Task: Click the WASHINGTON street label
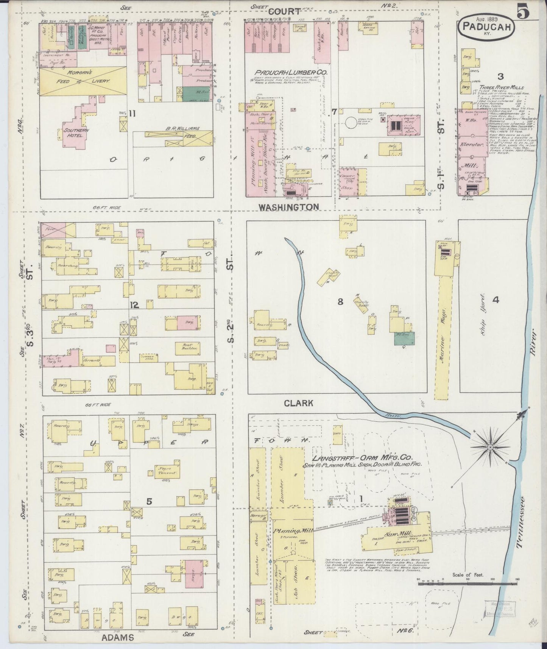tap(289, 207)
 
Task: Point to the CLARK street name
tap(299, 403)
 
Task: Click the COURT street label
tap(285, 11)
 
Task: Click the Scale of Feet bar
tap(468, 594)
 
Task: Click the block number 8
tap(340, 302)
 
